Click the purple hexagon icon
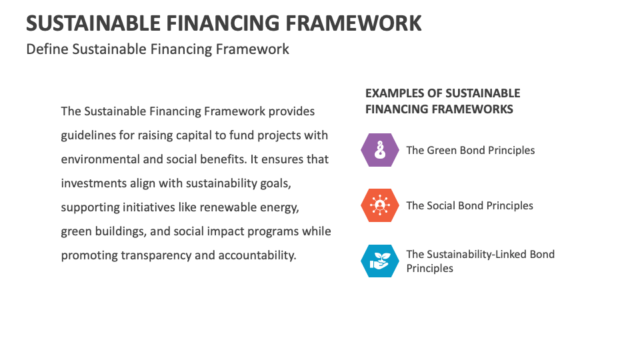(x=380, y=150)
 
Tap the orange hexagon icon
(x=380, y=205)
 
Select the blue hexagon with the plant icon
(x=380, y=261)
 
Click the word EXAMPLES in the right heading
(x=394, y=93)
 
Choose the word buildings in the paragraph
(x=122, y=231)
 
